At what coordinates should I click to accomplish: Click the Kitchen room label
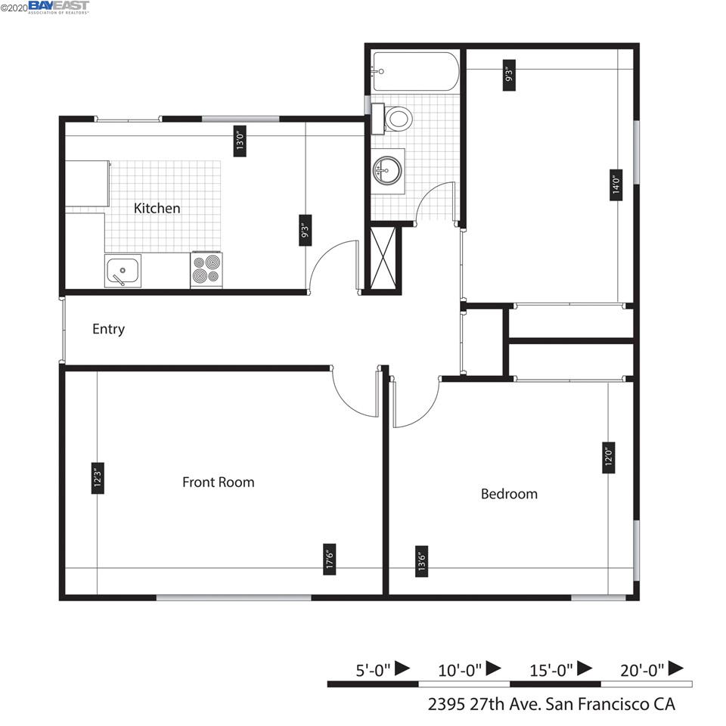coord(157,208)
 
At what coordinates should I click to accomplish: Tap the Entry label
coord(108,329)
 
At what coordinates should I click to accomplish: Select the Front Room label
coord(218,482)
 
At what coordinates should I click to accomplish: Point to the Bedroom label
coord(509,494)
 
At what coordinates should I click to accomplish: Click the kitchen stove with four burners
coord(206,269)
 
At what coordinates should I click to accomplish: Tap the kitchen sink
coord(123,271)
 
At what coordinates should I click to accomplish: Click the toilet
coord(393,118)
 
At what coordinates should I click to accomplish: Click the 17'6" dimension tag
coord(330,559)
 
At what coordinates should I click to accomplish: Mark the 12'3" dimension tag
coord(98,478)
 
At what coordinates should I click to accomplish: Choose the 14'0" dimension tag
coord(616,184)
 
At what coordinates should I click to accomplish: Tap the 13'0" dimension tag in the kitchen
coord(240,140)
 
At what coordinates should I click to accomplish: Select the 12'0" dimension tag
coord(608,457)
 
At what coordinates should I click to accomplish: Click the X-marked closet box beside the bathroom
coord(382,256)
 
